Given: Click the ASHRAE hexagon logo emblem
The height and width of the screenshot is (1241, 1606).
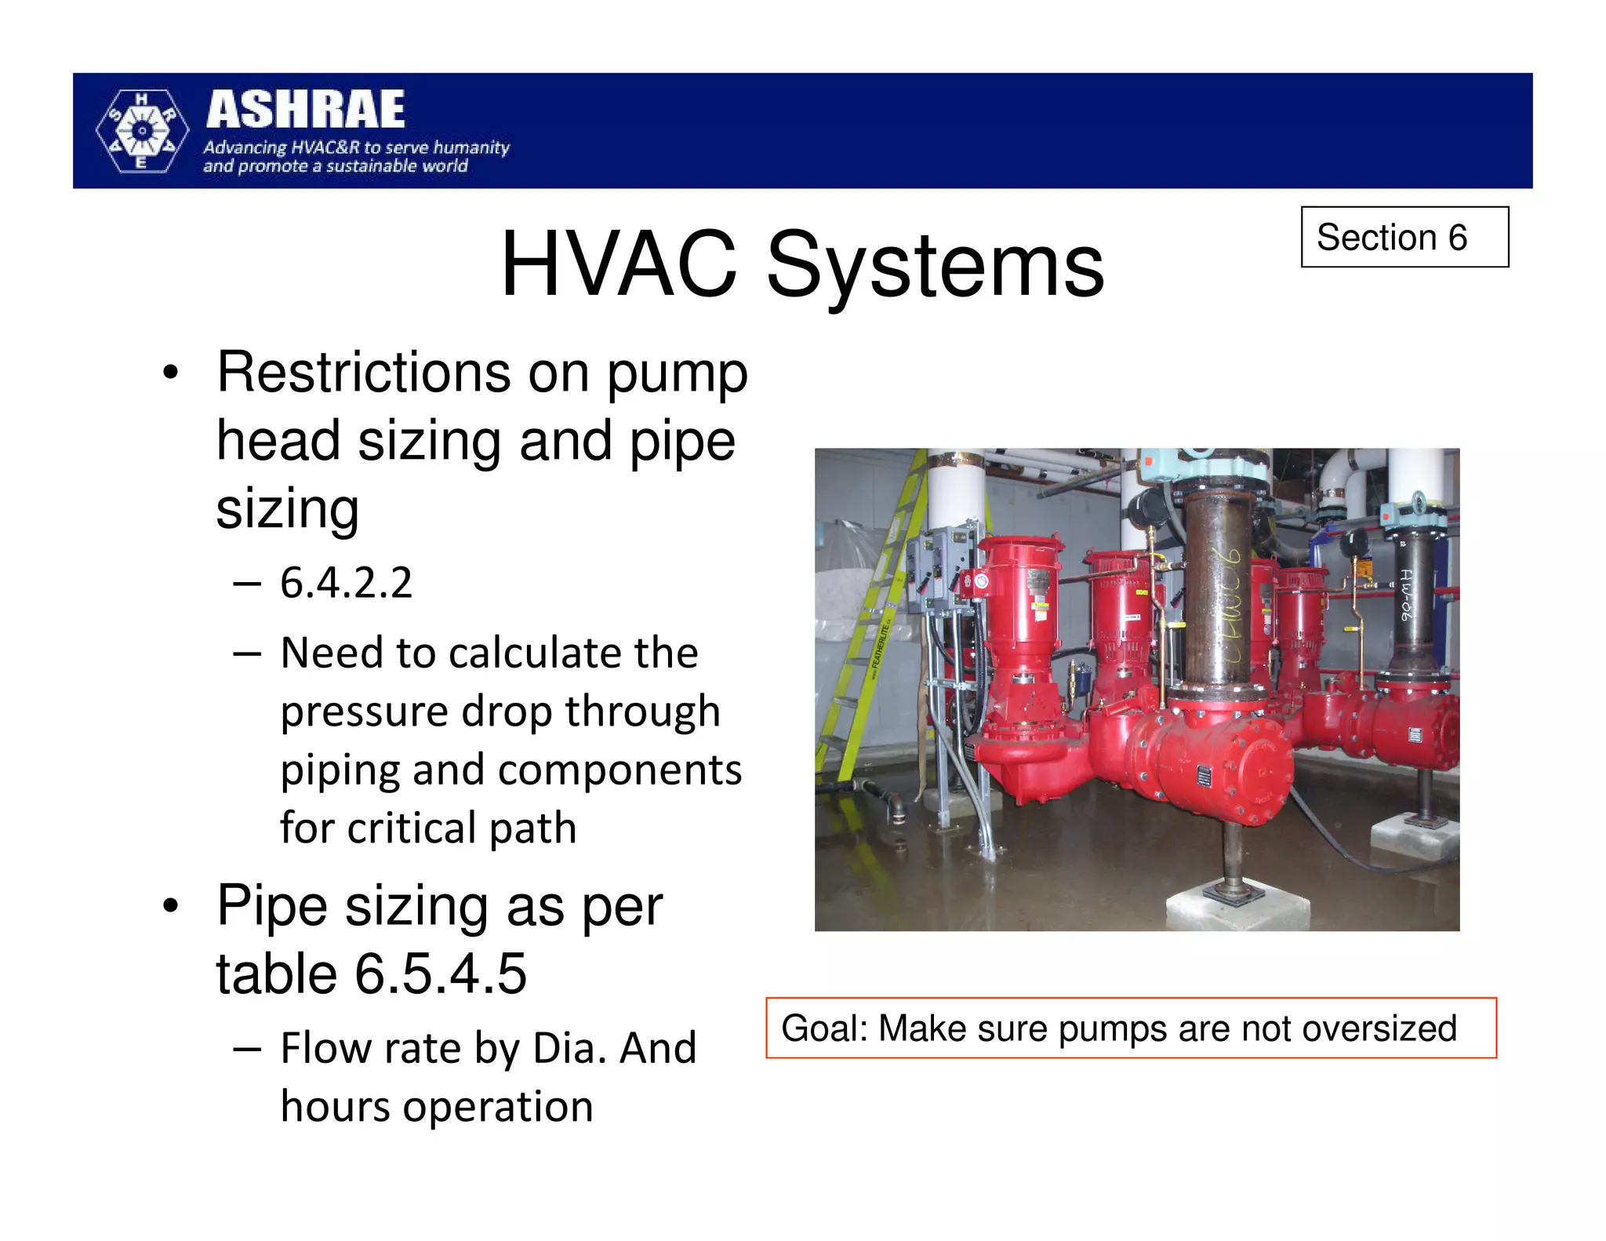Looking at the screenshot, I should point(142,131).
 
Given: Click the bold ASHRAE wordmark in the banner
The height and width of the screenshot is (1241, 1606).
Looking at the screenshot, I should point(306,110).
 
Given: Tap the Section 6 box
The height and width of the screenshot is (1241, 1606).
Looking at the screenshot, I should point(1404,237).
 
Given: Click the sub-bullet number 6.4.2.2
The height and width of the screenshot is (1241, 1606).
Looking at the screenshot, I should point(346,583).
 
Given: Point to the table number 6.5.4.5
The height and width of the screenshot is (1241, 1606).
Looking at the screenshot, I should point(441,974).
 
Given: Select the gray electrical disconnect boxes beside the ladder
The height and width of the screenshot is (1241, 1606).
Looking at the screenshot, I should point(941,565).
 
